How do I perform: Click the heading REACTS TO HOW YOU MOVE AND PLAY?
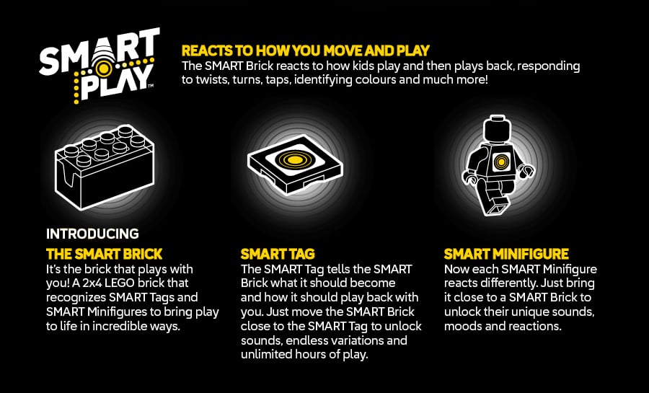(306, 50)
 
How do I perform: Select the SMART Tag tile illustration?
(292, 163)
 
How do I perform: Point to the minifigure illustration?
(498, 164)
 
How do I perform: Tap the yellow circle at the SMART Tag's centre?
(293, 159)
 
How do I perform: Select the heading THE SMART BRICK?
(104, 254)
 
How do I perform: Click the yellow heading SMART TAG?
(278, 254)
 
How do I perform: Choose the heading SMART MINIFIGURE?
(506, 254)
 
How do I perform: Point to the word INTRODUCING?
(92, 234)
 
